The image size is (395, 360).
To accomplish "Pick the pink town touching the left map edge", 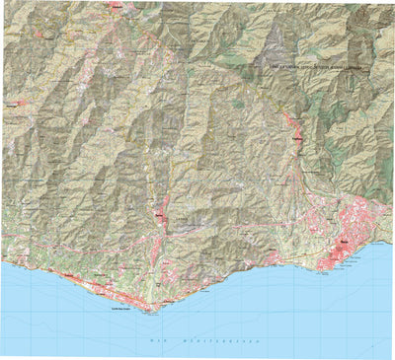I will tap(5, 101).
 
